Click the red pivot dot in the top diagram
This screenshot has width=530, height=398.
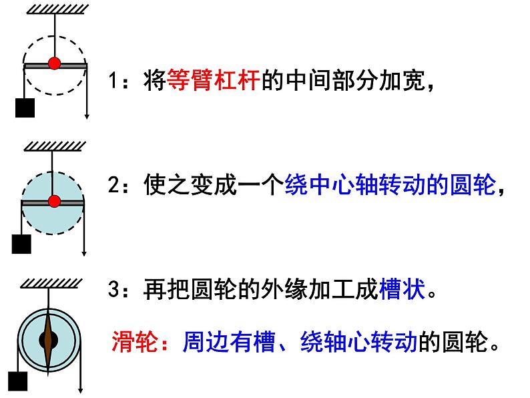(55, 64)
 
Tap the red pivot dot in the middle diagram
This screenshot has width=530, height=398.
(55, 200)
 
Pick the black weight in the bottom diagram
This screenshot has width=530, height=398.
(18, 383)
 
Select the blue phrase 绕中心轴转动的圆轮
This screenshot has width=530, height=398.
(391, 185)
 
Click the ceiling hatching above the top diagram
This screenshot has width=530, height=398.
(52, 7)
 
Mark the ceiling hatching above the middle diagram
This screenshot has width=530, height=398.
(52, 145)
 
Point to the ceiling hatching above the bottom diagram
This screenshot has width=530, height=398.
(48, 284)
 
